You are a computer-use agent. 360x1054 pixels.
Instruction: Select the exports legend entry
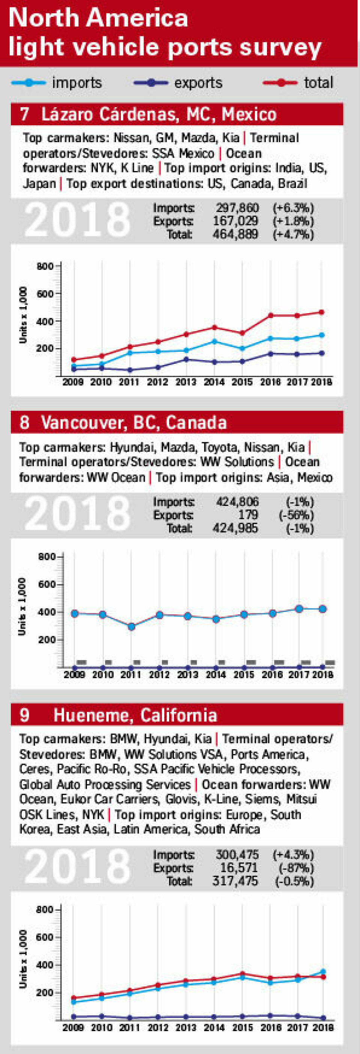click(x=178, y=83)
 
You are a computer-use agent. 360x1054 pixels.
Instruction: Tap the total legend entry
click(x=298, y=83)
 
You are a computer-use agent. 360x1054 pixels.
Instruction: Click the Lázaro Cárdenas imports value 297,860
click(x=237, y=208)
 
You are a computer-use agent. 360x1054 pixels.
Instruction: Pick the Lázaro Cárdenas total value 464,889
click(x=235, y=234)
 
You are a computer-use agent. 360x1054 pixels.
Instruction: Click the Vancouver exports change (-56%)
click(x=296, y=515)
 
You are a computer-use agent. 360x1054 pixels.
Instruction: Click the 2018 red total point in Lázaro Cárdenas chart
click(x=321, y=312)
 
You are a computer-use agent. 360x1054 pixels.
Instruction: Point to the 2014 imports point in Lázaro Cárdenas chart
click(x=214, y=341)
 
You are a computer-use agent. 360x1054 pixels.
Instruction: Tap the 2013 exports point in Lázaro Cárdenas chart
click(x=186, y=360)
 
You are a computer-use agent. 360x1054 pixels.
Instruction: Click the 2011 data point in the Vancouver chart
click(x=131, y=626)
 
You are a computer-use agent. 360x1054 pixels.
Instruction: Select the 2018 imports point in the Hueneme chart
click(x=323, y=972)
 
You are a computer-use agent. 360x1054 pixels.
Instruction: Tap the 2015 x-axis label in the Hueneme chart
click(x=243, y=1027)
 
